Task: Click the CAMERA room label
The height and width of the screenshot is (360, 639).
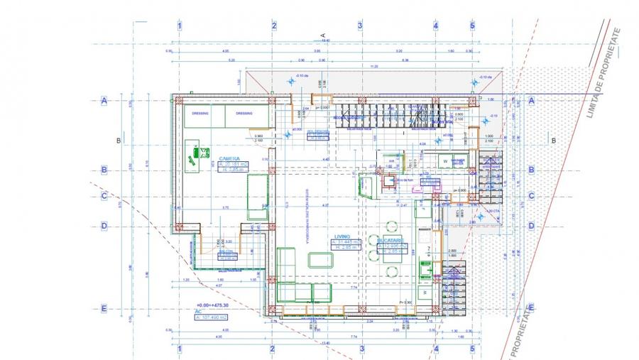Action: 229,158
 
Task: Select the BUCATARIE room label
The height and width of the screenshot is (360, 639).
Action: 390,241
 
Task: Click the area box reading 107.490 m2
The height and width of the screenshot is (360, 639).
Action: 218,317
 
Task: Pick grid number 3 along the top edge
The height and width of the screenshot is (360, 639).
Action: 360,26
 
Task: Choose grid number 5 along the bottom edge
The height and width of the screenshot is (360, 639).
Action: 471,349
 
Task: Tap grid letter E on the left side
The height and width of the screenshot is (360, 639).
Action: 104,308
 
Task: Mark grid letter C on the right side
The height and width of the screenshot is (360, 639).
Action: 531,197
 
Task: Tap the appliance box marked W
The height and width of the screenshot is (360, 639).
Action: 446,161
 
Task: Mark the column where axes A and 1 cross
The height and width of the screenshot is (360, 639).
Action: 179,100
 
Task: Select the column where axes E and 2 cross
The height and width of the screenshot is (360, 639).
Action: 271,310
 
